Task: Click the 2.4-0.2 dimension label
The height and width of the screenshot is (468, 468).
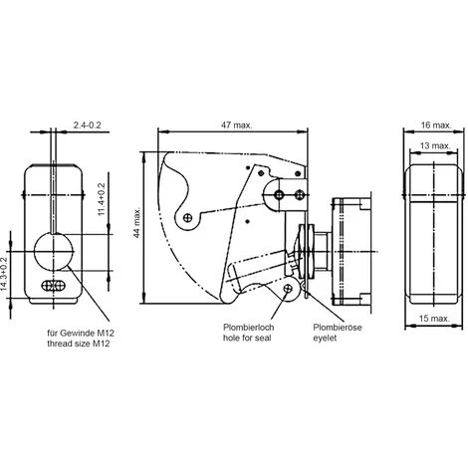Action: coord(94,126)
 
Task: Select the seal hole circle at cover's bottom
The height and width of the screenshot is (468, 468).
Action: coord(290,289)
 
